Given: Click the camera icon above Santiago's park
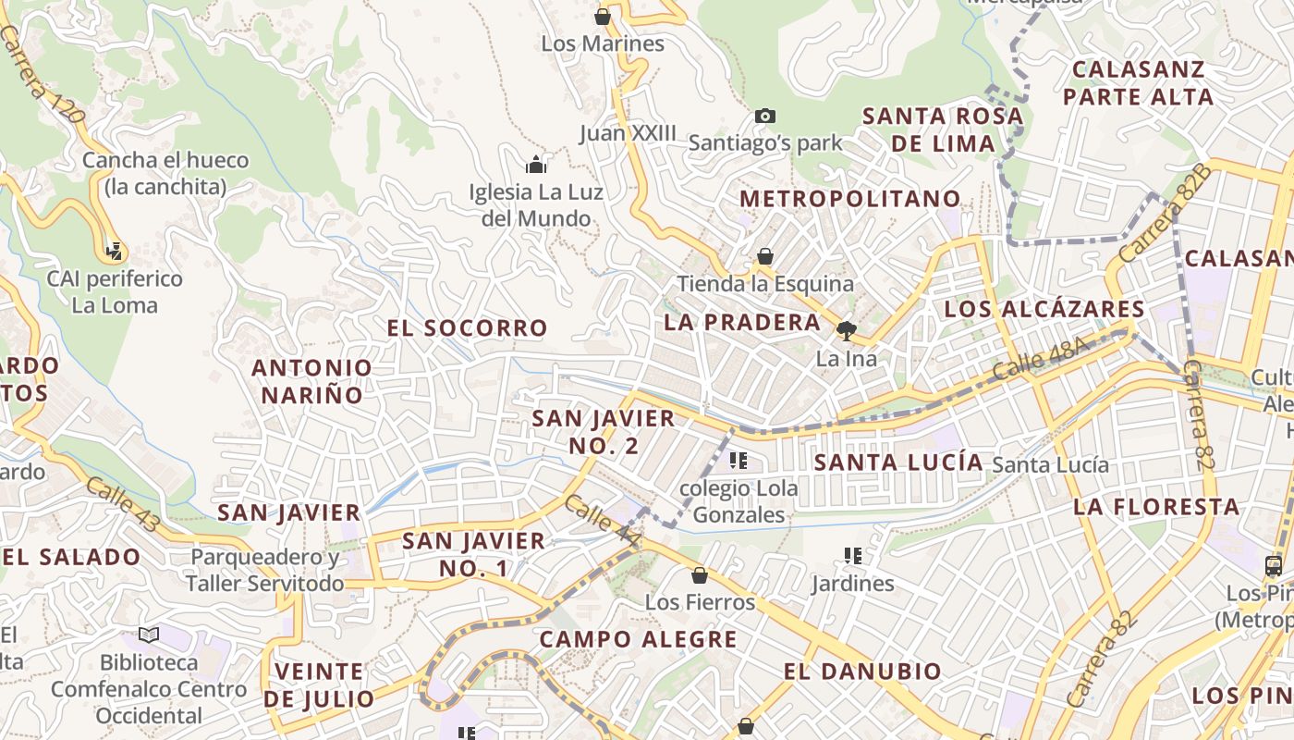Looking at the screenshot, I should click(764, 116).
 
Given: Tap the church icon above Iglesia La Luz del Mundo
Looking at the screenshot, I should click(536, 166).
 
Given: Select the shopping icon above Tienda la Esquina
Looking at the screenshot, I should click(765, 256).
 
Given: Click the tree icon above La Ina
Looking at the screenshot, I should click(845, 331).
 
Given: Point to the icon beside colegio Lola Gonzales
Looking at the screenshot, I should click(738, 460).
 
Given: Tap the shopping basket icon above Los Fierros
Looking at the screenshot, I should click(700, 575).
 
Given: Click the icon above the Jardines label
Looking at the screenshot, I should click(852, 556).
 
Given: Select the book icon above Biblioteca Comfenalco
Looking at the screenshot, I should click(149, 635).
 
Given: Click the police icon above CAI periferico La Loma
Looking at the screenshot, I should click(116, 251).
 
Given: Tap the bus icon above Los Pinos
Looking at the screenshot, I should click(1273, 565).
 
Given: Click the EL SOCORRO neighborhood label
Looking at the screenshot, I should click(467, 328).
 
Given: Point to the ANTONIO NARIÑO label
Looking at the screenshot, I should click(312, 381).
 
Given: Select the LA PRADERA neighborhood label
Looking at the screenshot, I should click(742, 323).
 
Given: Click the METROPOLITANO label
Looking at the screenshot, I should click(850, 199).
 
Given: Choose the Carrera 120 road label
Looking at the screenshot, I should click(43, 74).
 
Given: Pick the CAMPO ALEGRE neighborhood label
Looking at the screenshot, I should click(638, 639).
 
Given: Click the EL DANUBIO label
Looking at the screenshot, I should click(862, 672).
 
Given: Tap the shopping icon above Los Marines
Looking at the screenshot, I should click(603, 17).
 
